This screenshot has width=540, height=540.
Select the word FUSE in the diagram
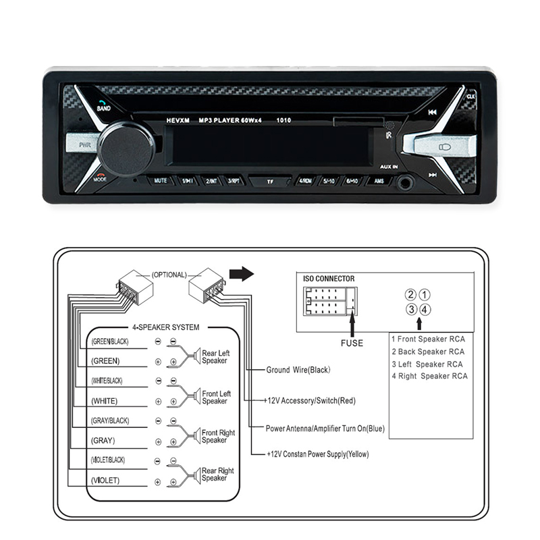pos(352,343)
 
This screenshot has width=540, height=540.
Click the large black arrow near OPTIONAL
pos(240,274)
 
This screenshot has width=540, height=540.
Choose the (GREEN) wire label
pos(105,361)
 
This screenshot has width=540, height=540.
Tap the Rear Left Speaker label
pos(215,356)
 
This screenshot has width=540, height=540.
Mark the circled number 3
pos(410,309)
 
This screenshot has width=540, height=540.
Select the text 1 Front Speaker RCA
pos(429,339)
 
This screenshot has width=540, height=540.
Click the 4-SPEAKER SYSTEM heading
pos(165,327)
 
